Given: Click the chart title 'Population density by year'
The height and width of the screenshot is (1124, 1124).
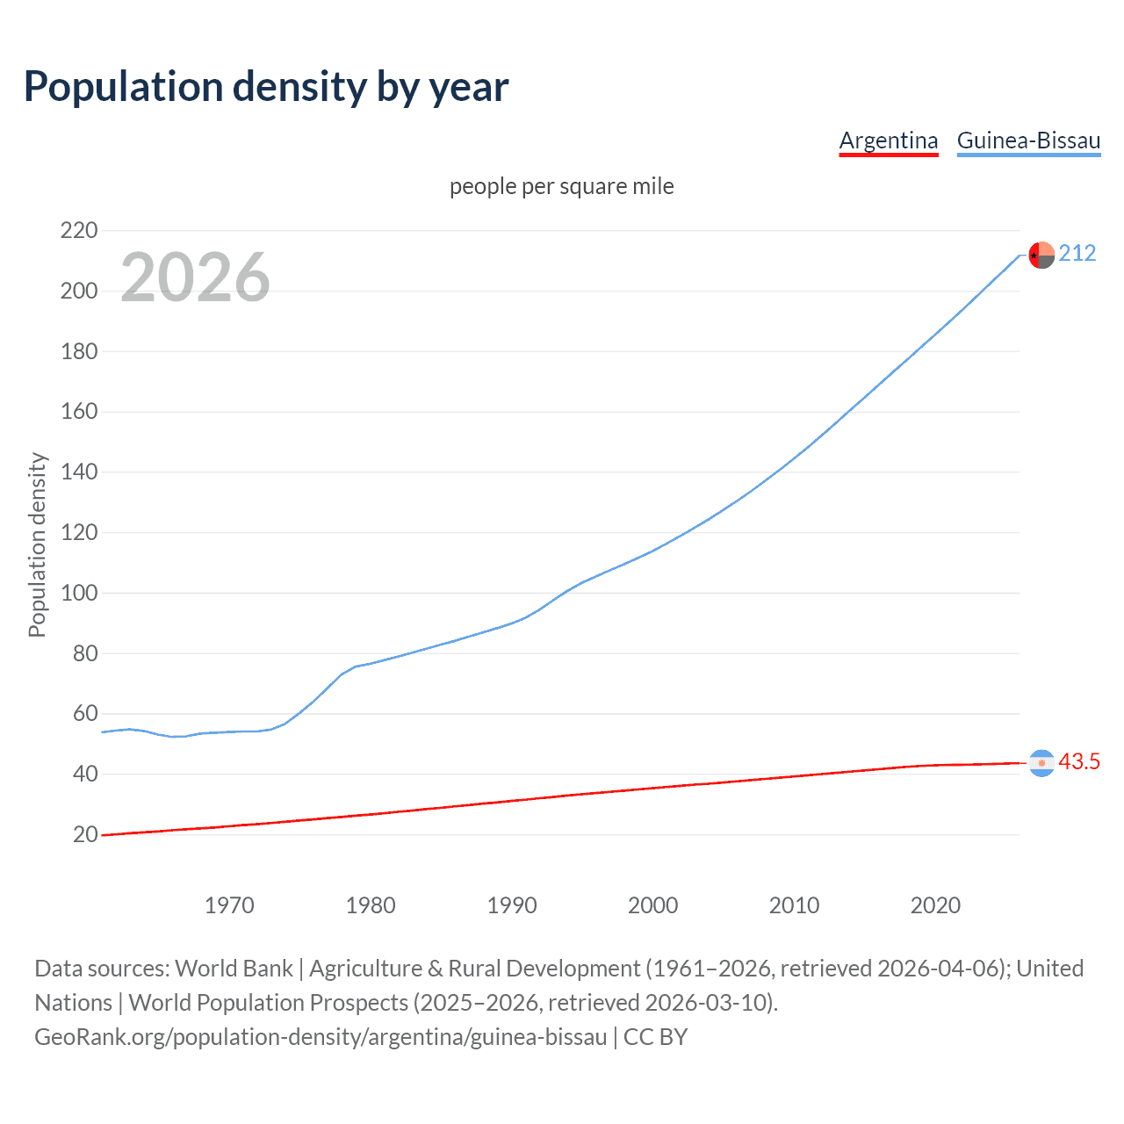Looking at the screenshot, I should coord(266,87).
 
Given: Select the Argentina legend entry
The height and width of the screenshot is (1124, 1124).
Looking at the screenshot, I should coord(889,140).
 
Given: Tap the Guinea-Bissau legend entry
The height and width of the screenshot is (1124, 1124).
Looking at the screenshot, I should coord(1028,140).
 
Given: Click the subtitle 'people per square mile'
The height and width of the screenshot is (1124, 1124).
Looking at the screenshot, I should coord(562,187).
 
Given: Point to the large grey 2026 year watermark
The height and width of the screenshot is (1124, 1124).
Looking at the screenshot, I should coord(195,277).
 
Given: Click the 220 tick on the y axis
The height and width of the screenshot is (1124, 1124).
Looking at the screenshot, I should coord(79,231).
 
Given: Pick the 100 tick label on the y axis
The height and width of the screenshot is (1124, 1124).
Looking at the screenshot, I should coord(79,593).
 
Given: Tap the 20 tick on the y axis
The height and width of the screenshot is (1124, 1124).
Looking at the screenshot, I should coord(85,834).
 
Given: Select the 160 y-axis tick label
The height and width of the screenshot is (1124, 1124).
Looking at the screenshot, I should coord(79,412).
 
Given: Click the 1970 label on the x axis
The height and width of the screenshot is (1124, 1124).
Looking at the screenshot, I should coord(229,905).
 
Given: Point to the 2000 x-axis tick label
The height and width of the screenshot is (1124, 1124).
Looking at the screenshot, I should coord(652,905).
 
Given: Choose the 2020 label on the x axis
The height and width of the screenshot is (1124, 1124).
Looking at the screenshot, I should coord(935,905).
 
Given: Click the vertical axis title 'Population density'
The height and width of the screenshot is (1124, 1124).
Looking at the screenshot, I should coord(37,544).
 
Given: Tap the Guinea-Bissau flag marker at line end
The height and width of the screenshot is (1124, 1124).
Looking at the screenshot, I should coord(1041,255).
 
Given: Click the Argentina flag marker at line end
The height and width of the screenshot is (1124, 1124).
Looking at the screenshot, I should coord(1041,763).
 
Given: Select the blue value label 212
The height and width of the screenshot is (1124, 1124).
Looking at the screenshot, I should coord(1077,254).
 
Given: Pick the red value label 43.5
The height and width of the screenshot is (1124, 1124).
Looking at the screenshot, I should coord(1079,762).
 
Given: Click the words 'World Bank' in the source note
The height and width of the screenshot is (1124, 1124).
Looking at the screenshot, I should coord(234,969).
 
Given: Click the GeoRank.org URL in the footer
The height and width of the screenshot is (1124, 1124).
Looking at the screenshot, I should coord(321,1037).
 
